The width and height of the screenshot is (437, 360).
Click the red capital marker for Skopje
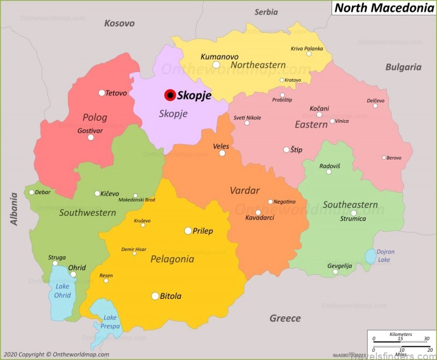click(170, 95)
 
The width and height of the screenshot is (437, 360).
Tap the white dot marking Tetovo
click(102, 93)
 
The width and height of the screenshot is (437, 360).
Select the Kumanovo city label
click(220, 56)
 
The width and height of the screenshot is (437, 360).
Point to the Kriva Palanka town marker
click(309, 54)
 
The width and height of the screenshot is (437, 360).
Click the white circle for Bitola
click(155, 296)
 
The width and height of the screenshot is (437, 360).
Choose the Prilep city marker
click(188, 231)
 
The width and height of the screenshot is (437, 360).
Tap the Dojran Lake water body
click(370, 256)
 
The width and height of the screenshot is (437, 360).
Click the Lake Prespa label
click(110, 322)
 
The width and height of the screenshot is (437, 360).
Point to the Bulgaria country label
click(403, 67)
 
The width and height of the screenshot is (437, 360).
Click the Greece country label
click(285, 318)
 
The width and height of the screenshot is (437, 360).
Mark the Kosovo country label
click(119, 23)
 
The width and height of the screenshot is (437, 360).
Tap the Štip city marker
click(286, 150)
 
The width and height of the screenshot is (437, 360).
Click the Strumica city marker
click(353, 213)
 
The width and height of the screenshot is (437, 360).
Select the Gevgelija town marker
click(335, 272)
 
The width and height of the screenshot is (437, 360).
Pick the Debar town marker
click(32, 192)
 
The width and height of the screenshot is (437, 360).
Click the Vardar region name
click(244, 190)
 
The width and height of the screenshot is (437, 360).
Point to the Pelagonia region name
click(172, 259)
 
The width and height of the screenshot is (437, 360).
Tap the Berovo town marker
click(383, 157)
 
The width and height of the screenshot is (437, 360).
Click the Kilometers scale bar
click(400, 341)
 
